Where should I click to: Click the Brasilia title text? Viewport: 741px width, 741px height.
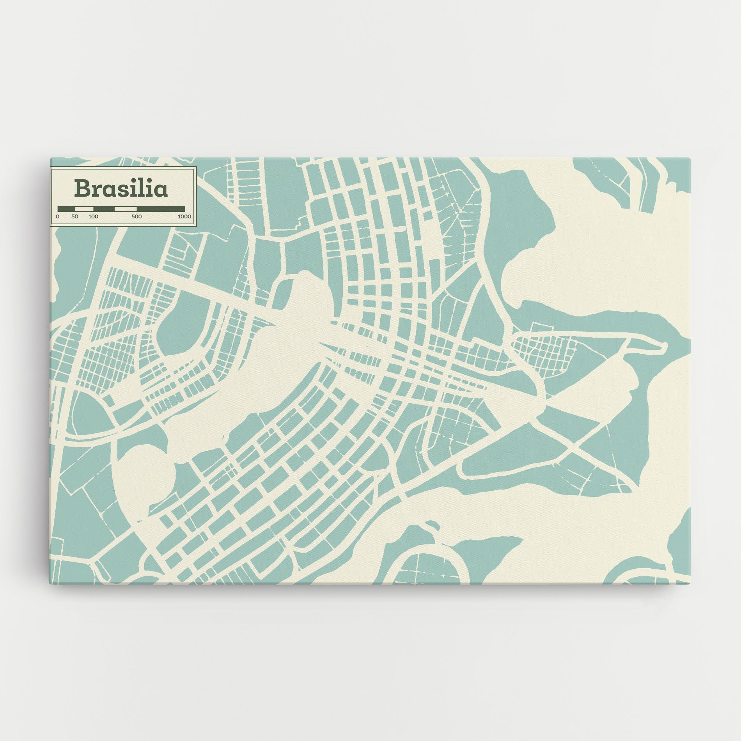click(x=121, y=188)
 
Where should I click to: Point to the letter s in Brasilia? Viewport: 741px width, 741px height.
click(x=124, y=190)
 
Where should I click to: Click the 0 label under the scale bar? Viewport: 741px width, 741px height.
click(x=58, y=216)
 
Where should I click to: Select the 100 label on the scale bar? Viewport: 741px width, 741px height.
click(x=93, y=216)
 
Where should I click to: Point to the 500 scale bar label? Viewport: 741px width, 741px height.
click(x=136, y=216)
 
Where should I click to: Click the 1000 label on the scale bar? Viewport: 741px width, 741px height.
click(x=184, y=216)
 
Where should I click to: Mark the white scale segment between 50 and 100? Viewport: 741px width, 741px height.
click(x=84, y=209)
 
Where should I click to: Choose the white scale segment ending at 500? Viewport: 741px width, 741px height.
click(x=126, y=209)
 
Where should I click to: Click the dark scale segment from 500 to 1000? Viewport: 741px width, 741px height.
click(x=161, y=209)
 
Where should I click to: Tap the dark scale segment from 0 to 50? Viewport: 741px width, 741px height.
click(x=66, y=209)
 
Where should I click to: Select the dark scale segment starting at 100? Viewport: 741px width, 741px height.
click(x=104, y=209)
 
